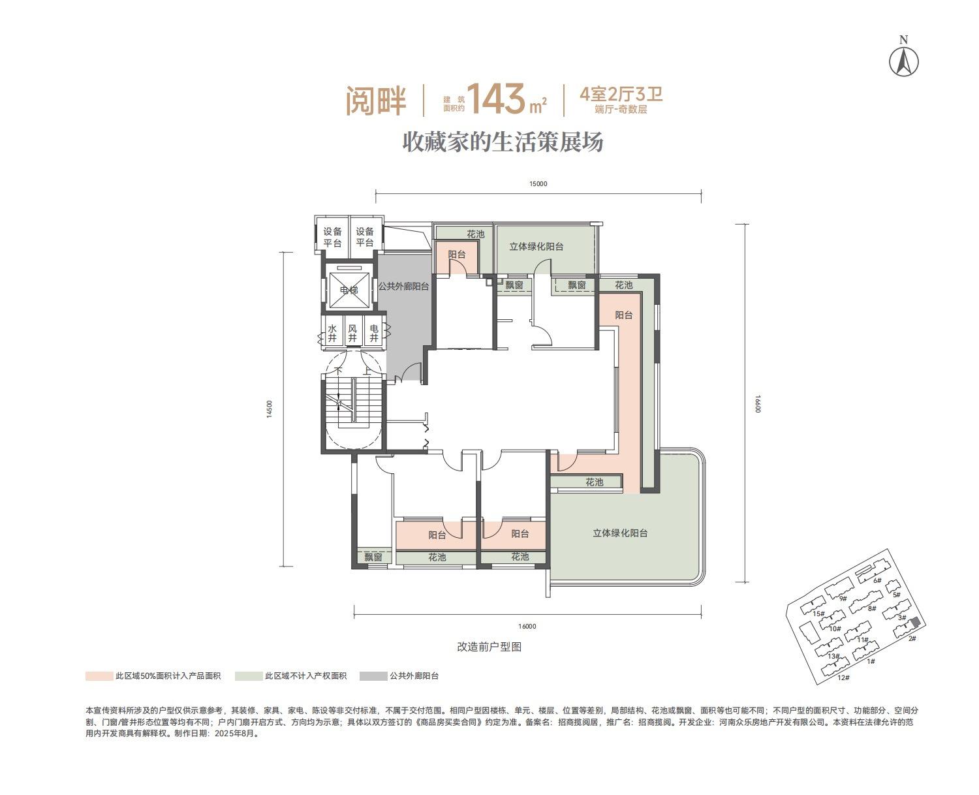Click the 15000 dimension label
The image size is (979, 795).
tap(538, 184)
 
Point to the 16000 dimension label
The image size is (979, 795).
tap(527, 626)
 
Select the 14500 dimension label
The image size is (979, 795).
tap(270, 409)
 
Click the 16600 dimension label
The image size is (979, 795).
tap(758, 403)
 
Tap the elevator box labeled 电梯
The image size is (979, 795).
tap(349, 290)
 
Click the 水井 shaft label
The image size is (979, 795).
tap(332, 333)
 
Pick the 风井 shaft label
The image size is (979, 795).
tap(352, 333)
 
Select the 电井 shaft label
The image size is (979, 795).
tap(374, 333)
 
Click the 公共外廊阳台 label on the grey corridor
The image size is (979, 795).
tap(403, 287)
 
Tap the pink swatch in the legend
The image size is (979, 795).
tap(99, 676)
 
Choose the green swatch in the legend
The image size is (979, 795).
tap(249, 676)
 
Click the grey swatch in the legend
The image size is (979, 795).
tap(373, 676)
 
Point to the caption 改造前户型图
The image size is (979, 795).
tap(489, 647)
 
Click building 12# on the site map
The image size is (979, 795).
tap(843, 678)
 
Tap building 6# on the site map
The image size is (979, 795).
tap(877, 580)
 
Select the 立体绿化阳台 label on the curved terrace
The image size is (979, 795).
tap(620, 533)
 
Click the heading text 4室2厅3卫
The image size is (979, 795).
tap(621, 94)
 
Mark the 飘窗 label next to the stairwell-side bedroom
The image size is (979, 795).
tap(373, 557)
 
